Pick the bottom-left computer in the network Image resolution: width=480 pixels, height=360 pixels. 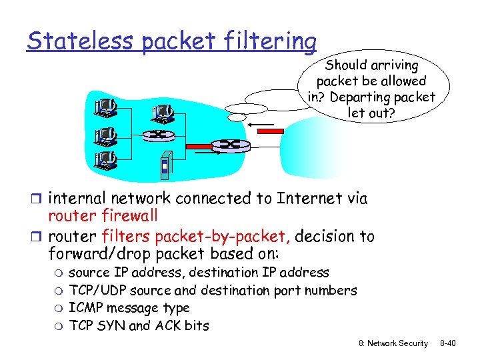pos(105,160)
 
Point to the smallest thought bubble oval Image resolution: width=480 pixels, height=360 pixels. pos(237,117)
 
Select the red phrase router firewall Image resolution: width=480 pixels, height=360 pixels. pos(103,215)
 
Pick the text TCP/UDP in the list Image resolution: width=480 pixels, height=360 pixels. pos(97,291)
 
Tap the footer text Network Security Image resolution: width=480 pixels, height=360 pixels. pos(399,343)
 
